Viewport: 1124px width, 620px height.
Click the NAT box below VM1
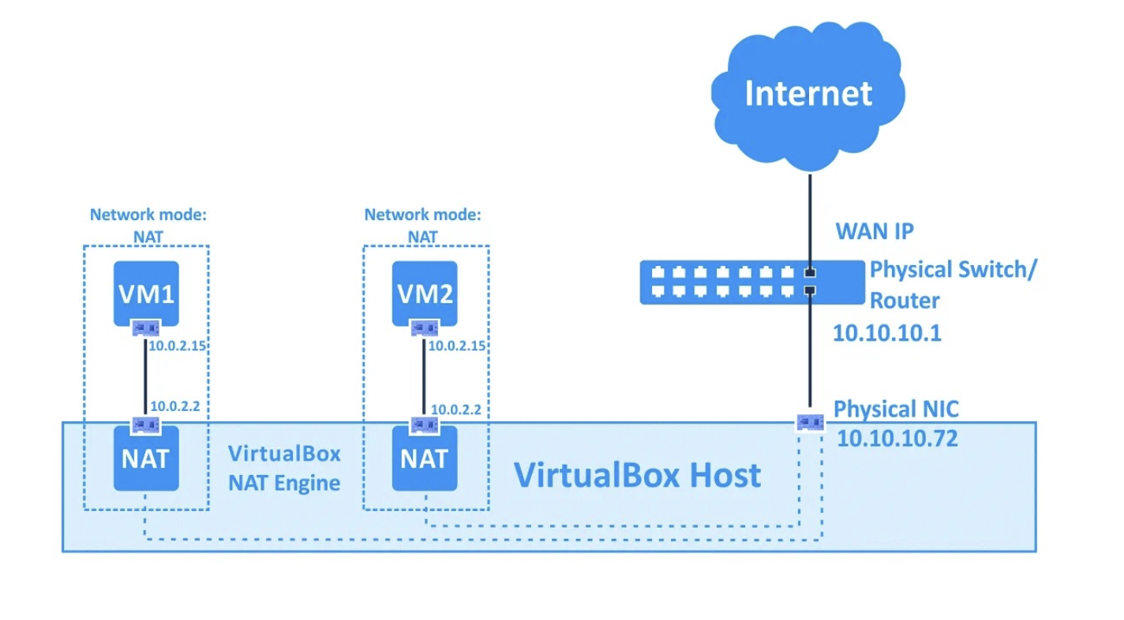pos(146,458)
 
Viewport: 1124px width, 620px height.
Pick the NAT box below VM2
pos(425,458)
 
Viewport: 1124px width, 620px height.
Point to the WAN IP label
pos(875,232)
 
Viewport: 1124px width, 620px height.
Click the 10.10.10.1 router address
pos(886,333)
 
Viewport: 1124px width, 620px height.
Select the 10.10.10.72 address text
pos(897,438)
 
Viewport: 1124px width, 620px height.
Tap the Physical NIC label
pos(897,409)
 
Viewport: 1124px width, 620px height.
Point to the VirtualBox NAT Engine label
pos(284,468)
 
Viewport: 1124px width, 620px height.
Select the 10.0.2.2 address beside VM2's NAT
pos(455,409)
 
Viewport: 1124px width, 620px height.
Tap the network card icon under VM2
pos(425,327)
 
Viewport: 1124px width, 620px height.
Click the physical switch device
pos(751,282)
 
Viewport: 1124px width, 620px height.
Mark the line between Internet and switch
pos(810,221)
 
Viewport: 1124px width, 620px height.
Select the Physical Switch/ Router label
pos(953,284)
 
